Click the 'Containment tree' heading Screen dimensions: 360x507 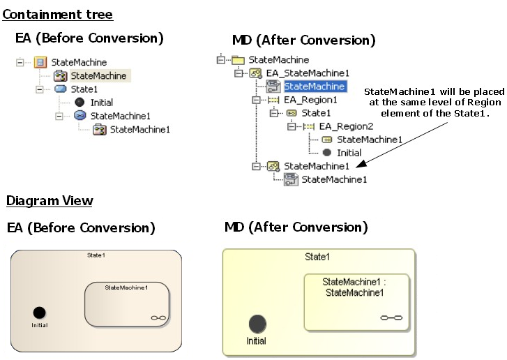pyautogui.click(x=57, y=15)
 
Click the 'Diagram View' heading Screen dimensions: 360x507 pyautogui.click(x=50, y=201)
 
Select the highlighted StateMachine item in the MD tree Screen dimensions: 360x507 pyautogui.click(x=314, y=87)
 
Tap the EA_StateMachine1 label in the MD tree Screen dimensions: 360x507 pyautogui.click(x=308, y=73)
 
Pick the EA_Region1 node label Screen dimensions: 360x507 pyautogui.click(x=310, y=100)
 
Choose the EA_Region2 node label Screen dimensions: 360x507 pyautogui.click(x=346, y=126)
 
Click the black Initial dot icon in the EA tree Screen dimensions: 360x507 pyautogui.click(x=80, y=103)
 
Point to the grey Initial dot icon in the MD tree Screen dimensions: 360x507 pyautogui.click(x=326, y=153)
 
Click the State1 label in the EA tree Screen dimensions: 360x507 pyautogui.click(x=84, y=89)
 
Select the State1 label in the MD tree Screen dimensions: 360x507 pyautogui.click(x=316, y=113)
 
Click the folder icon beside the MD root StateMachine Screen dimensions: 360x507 pyautogui.click(x=238, y=60)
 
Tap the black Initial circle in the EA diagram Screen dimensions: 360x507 pyautogui.click(x=40, y=313)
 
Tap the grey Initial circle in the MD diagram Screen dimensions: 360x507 pyautogui.click(x=257, y=324)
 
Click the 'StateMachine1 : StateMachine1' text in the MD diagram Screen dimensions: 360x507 pyautogui.click(x=354, y=287)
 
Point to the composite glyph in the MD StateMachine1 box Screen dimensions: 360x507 pyautogui.click(x=392, y=317)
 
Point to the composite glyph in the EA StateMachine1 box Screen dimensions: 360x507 pyautogui.click(x=158, y=318)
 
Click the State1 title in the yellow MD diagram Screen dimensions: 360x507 pyautogui.click(x=318, y=257)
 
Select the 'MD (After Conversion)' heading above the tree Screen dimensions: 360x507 pyautogui.click(x=303, y=40)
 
